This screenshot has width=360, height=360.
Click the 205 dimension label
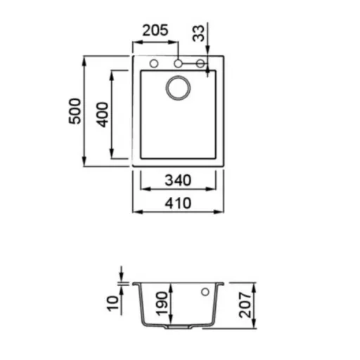click(155, 30)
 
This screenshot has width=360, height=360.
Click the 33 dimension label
click(198, 34)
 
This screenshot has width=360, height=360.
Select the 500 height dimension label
click(75, 111)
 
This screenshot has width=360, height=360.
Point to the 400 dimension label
click(103, 115)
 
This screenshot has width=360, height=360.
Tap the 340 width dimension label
click(178, 180)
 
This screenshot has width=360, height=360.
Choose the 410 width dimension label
click(178, 203)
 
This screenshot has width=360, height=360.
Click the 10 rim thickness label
click(112, 304)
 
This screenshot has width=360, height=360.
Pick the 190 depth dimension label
click(162, 304)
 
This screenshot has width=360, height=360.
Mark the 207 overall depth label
click(245, 305)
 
